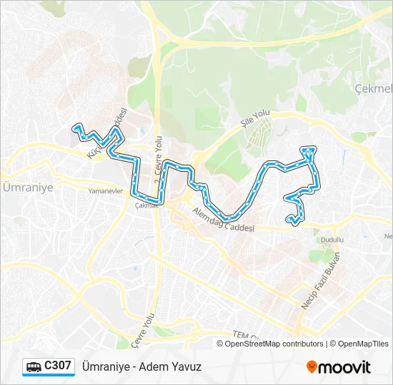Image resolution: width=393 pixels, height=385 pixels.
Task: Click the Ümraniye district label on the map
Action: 24,187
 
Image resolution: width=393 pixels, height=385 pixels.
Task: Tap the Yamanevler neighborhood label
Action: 106,192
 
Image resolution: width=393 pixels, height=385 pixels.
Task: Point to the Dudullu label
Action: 332,240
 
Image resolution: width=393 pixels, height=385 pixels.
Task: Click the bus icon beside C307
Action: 34,366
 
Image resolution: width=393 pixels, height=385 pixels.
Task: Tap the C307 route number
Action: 58,366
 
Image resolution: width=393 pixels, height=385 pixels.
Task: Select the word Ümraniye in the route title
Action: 106,366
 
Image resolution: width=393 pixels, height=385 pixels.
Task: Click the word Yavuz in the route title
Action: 187,366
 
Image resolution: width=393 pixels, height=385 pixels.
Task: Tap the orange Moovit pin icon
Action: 312,366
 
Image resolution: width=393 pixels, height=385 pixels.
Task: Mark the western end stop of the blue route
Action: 74,128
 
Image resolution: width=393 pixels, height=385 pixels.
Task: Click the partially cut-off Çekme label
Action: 374,88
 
